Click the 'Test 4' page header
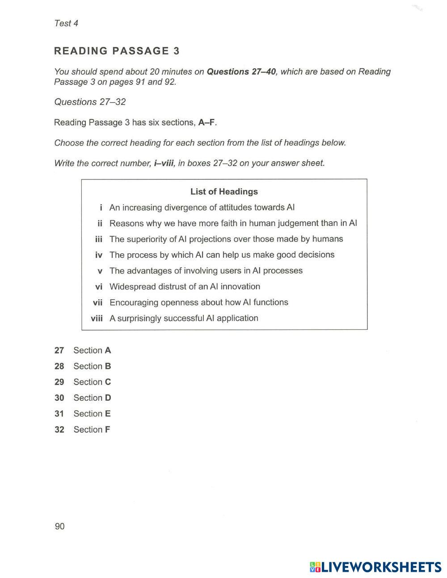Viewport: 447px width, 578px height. coord(66,23)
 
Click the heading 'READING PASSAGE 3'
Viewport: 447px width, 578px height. coord(117,51)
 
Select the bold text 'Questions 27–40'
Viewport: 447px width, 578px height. coord(241,71)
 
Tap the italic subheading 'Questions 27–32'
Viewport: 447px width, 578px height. coord(90,102)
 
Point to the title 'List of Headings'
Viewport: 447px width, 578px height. coord(224,192)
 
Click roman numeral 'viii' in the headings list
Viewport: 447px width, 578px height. coord(97,318)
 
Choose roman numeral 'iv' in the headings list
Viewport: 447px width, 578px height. coord(99,255)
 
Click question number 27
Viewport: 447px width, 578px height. coord(59,351)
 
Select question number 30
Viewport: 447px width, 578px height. coord(59,398)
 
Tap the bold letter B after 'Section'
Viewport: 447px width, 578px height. coord(108,366)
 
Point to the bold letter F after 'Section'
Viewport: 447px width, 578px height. coord(107,430)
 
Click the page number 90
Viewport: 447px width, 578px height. coord(59,526)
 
